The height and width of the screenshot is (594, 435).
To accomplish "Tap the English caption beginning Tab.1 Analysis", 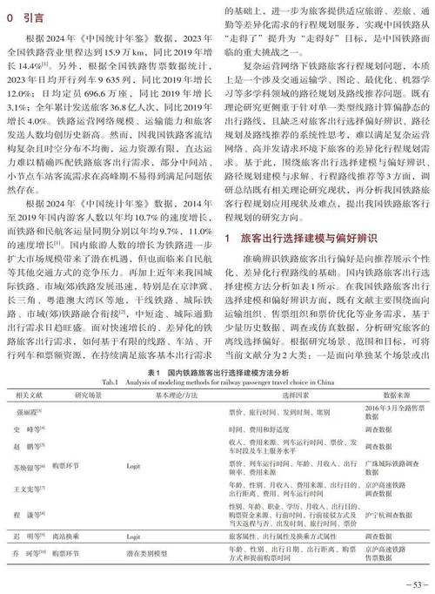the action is pyautogui.click(x=218, y=380).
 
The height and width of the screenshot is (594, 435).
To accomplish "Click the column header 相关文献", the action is pyautogui.click(x=30, y=394).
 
